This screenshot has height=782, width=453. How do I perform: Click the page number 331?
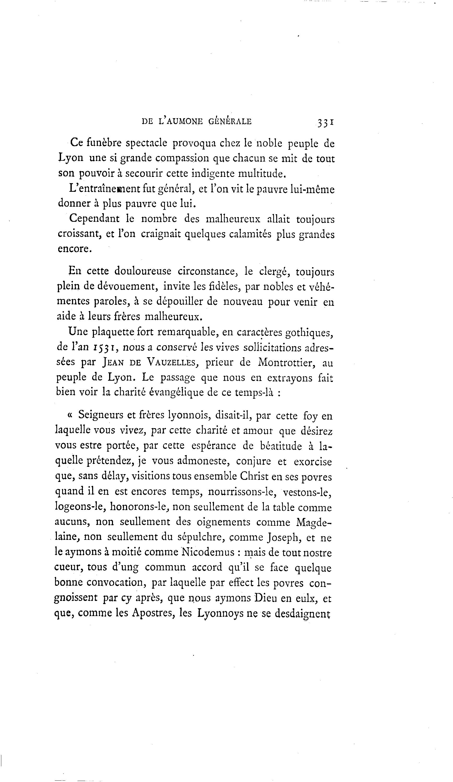(x=325, y=122)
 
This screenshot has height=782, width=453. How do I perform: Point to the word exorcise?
(x=313, y=462)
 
